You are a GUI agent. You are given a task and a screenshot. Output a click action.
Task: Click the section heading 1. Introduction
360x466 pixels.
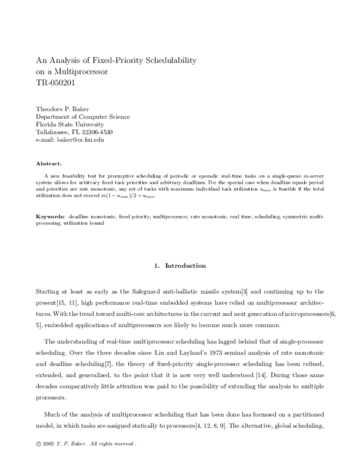point(179,265)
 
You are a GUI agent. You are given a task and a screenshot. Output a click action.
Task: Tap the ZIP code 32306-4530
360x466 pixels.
point(97,132)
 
